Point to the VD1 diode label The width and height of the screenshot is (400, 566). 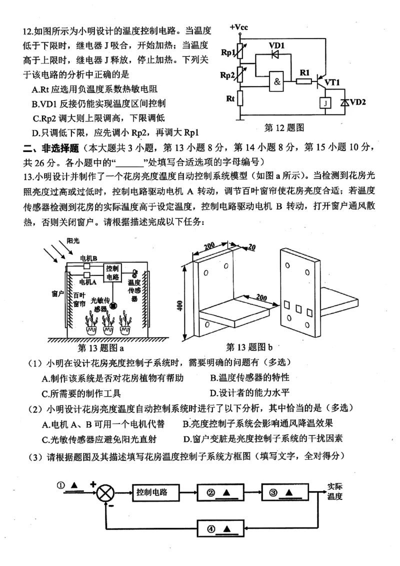click(x=276, y=45)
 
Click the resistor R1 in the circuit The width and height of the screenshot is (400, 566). click(x=304, y=80)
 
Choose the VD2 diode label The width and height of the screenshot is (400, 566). click(x=358, y=102)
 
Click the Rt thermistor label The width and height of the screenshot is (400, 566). click(x=230, y=98)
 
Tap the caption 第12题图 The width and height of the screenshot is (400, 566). click(x=284, y=128)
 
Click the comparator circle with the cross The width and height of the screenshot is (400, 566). click(x=105, y=493)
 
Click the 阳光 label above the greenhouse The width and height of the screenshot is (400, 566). click(x=73, y=240)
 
